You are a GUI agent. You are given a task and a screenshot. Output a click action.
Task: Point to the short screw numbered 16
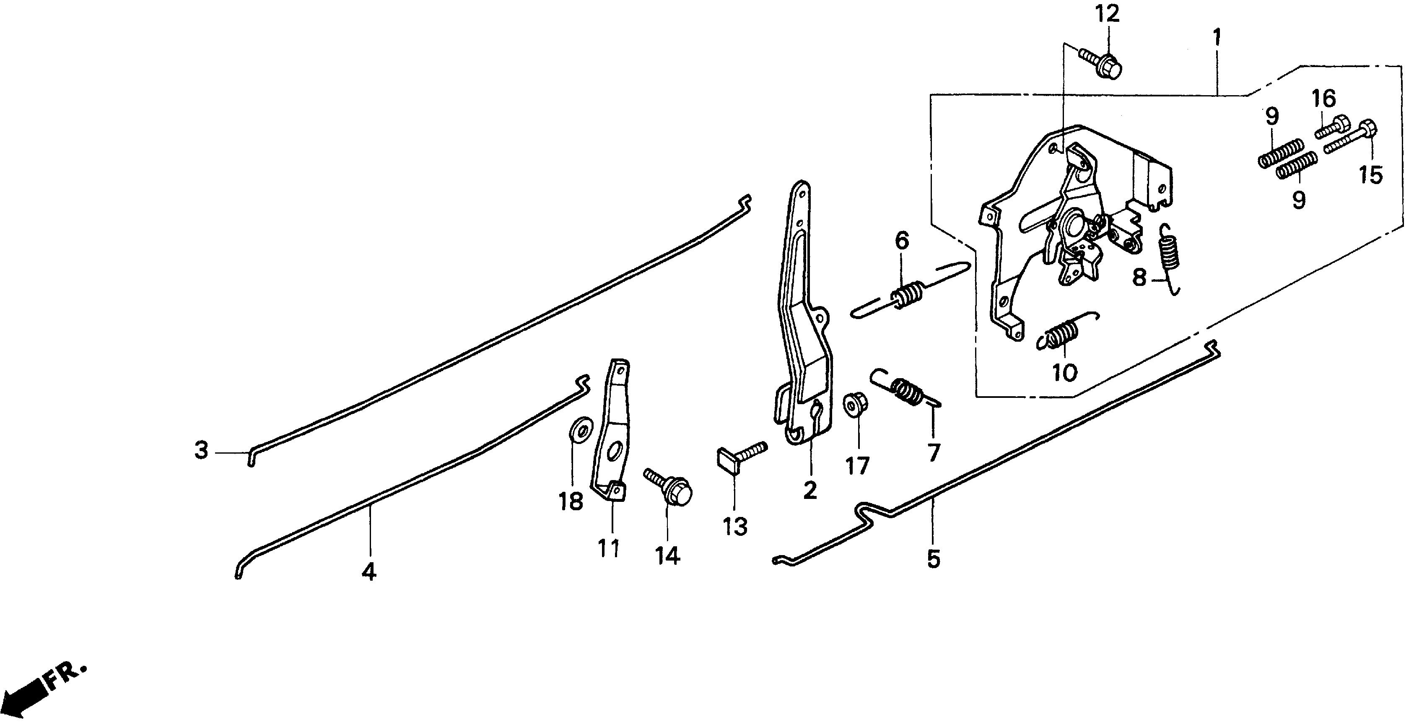[1332, 127]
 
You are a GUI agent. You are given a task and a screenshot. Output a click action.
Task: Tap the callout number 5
[934, 558]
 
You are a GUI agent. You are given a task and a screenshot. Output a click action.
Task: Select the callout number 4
[369, 571]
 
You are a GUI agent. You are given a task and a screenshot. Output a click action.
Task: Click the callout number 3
[202, 451]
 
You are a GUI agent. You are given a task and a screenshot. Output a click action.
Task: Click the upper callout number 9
[1272, 117]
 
